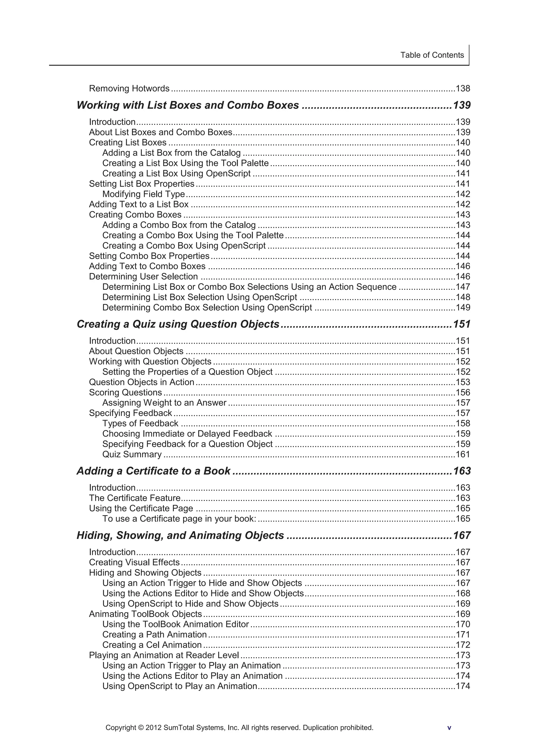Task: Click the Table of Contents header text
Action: coord(432,55)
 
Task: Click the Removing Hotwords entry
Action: coord(129,88)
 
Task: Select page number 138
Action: coord(463,88)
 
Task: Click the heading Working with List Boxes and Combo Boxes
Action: coord(187,105)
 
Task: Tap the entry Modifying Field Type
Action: coord(143,194)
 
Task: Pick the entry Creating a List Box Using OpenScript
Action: coord(176,173)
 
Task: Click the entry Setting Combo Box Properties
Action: coord(149,256)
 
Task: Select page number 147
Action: coord(463,287)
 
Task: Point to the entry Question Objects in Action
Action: coord(142,382)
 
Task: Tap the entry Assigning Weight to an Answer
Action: coord(164,403)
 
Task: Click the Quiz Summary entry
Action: coord(132,455)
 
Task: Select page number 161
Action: coord(463,455)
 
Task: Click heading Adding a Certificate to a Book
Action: coord(153,471)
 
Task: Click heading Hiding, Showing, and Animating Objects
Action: coord(180,536)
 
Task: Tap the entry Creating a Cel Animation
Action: coord(152,645)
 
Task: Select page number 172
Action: coord(463,645)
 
